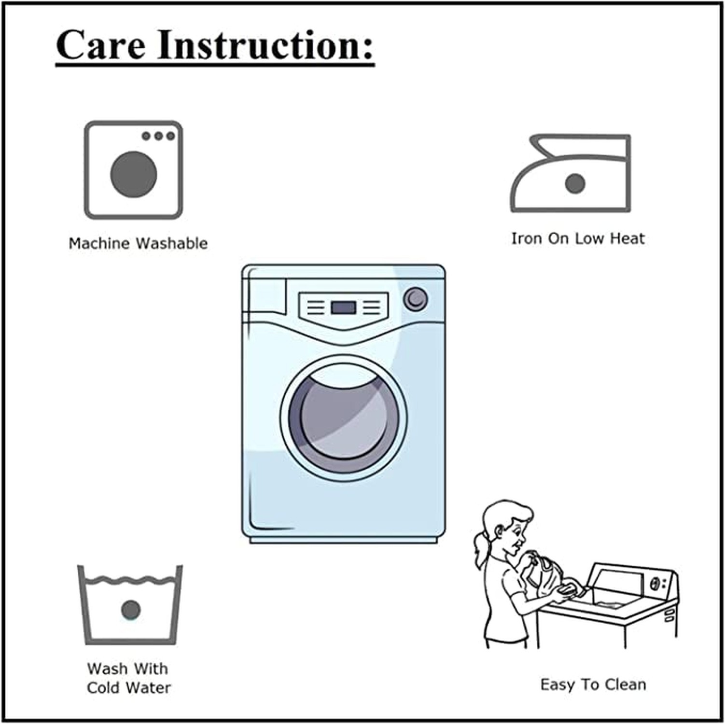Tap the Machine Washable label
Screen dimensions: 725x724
138,243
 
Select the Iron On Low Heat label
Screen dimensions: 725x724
578,238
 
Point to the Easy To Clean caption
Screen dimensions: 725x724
593,684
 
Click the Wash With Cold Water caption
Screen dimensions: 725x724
128,678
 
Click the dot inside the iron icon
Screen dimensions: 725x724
575,183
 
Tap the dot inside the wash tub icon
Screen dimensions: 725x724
131,610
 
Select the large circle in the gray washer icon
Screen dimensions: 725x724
134,174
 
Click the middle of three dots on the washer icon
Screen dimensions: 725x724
158,136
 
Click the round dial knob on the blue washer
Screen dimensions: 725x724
416,299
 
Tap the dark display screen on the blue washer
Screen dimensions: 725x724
344,307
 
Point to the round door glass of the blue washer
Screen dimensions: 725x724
344,418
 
